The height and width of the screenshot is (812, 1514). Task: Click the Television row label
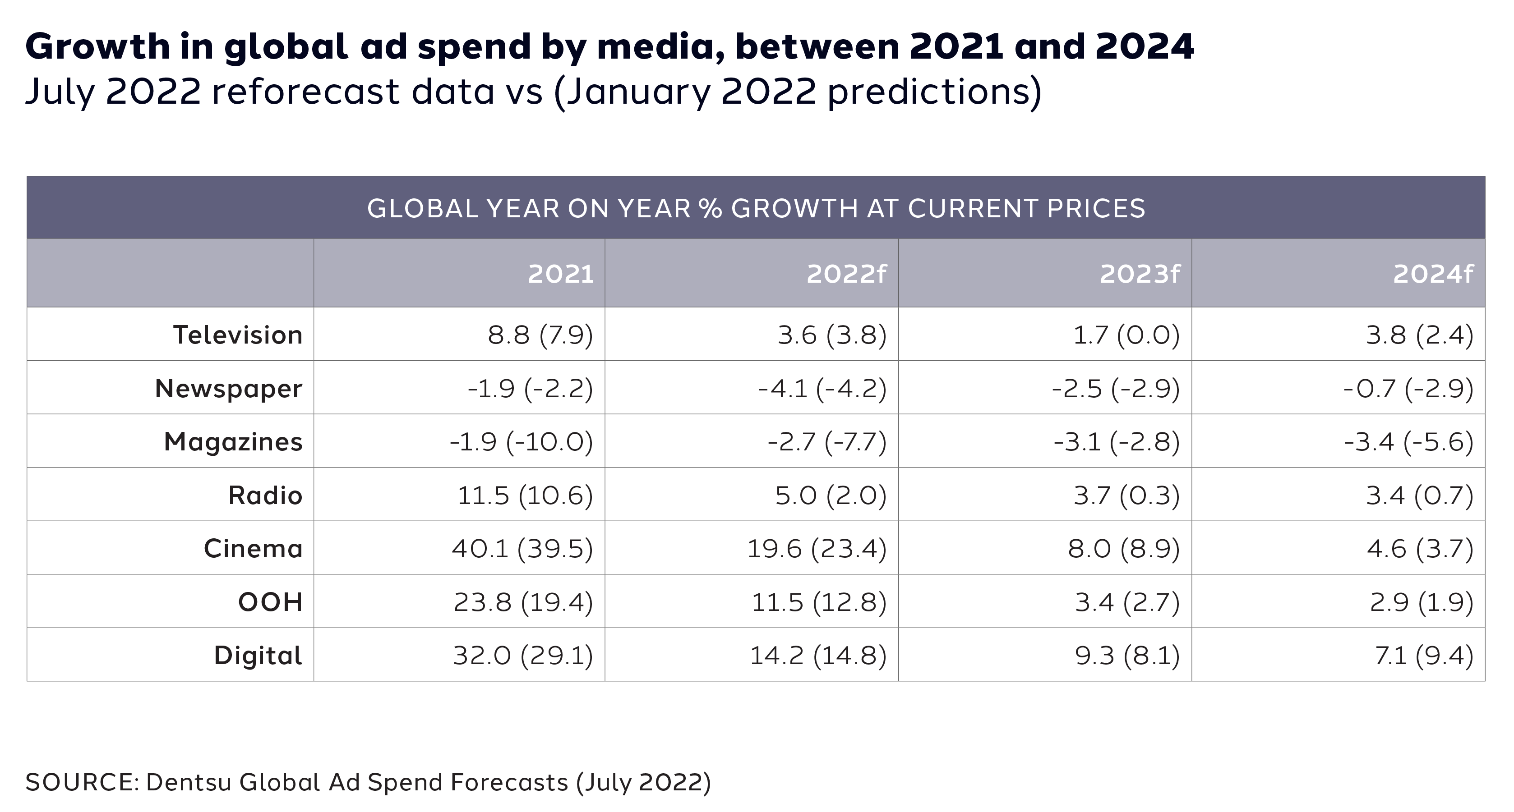[x=237, y=335]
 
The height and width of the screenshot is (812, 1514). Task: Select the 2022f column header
[x=846, y=274]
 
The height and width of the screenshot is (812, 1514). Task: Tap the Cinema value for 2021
[x=522, y=549]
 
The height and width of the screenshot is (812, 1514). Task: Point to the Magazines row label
[x=233, y=442]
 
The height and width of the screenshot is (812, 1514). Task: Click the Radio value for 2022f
[x=831, y=495]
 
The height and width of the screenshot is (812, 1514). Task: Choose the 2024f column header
[x=1433, y=274]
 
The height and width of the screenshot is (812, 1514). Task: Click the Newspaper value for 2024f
[x=1408, y=388]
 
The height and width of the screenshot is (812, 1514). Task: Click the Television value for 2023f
[x=1126, y=335]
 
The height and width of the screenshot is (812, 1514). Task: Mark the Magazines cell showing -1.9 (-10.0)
[x=522, y=442]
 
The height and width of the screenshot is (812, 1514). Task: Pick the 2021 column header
[x=561, y=274]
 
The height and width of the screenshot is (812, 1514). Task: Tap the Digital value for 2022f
[x=818, y=655]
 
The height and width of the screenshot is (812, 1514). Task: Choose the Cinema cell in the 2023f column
[x=1124, y=549]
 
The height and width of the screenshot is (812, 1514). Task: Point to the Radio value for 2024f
[x=1419, y=495]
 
